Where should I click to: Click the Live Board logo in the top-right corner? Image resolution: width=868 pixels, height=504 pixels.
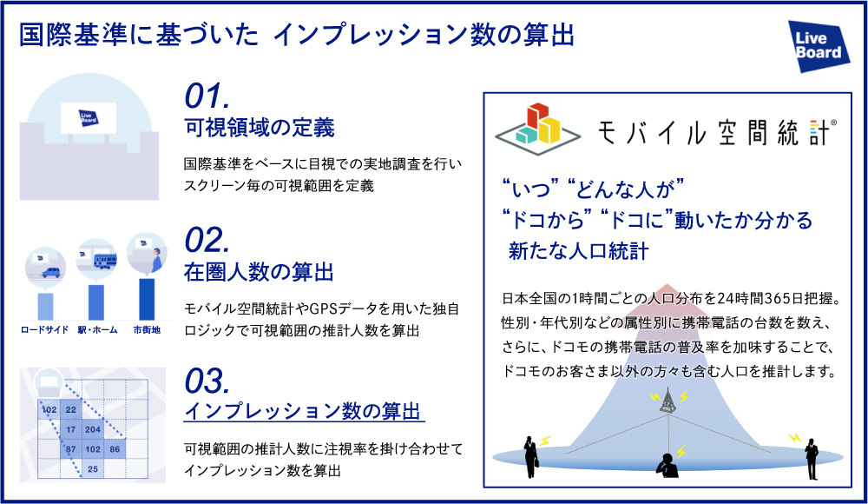point(819,46)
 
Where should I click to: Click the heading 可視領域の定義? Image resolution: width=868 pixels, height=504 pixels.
point(260,129)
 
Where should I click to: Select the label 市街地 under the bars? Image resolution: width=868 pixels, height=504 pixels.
point(145,330)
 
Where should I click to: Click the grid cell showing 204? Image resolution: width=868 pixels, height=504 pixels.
point(94,429)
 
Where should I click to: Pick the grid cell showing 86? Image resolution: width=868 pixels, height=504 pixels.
point(115,449)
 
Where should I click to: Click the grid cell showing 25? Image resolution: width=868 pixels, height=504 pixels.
point(94,469)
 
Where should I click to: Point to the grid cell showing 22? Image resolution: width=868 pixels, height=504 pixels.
point(71,409)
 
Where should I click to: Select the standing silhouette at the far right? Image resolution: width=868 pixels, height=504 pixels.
point(811,454)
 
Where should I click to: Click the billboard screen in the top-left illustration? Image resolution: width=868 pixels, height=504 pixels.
point(87,117)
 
